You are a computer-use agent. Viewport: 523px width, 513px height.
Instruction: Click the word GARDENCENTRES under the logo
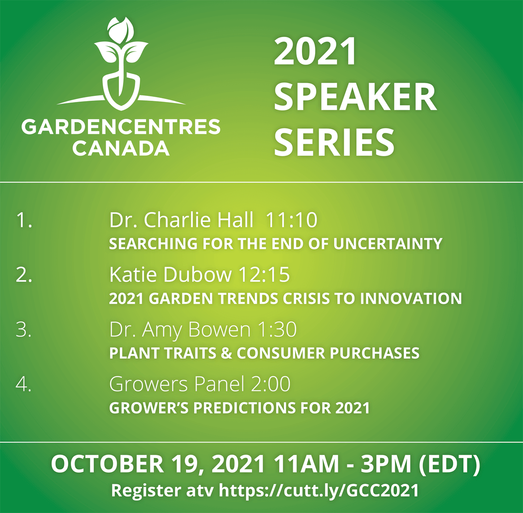coord(121,126)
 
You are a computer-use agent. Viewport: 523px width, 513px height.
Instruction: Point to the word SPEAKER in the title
coord(355,97)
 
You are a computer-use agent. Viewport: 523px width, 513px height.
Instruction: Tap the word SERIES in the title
coord(334,142)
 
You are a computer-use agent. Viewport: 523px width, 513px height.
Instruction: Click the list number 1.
coord(24,219)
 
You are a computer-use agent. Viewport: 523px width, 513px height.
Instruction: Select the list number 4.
coord(24,384)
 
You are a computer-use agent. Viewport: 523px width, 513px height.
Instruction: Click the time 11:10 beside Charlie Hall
coord(292,219)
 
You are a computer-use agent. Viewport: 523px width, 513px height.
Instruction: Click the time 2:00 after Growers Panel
coord(271,384)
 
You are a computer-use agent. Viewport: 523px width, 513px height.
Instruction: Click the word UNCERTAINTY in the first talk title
coord(388,244)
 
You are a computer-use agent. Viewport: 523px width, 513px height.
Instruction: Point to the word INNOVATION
coord(411,298)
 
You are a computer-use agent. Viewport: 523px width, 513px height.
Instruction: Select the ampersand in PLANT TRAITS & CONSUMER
coord(226,353)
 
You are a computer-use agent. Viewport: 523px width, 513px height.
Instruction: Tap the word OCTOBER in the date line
coord(108,464)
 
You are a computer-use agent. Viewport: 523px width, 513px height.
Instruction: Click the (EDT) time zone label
coord(449,465)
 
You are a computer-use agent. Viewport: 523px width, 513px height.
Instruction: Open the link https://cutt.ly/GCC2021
coord(319,490)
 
